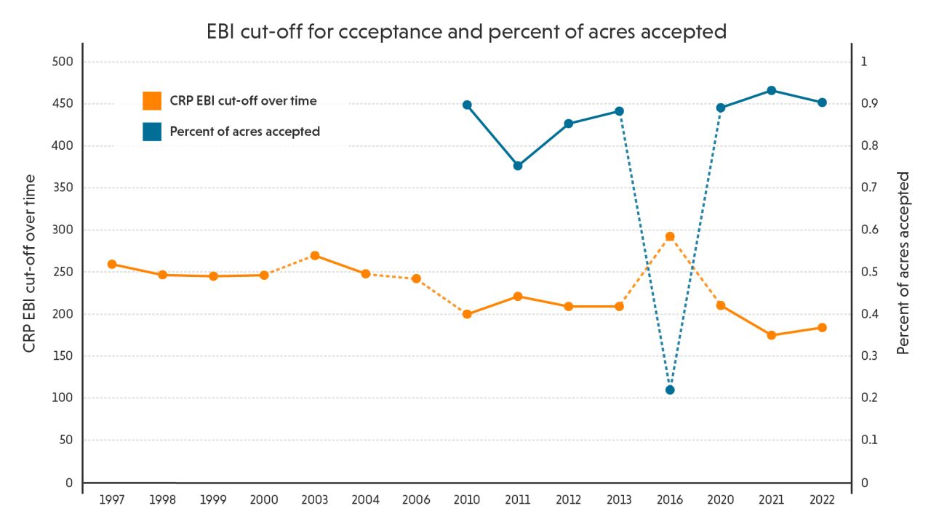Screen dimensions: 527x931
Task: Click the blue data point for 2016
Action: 670,390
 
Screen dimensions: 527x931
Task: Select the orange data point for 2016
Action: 670,236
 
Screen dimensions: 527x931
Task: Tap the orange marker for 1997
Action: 112,264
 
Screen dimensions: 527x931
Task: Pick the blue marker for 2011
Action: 518,166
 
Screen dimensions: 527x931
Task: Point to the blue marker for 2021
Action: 771,90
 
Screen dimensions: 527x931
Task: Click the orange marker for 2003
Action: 315,255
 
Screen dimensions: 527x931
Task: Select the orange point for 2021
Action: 771,335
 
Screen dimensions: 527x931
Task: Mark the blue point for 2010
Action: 467,105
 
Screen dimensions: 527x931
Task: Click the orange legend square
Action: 152,101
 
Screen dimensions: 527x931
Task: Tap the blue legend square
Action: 152,132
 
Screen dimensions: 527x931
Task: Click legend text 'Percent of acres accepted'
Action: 244,132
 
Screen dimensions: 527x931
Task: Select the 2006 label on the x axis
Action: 416,500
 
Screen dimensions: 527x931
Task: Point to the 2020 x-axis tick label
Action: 720,500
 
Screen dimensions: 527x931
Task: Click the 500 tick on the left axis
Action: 64,62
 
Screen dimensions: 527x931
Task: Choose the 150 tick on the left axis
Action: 64,356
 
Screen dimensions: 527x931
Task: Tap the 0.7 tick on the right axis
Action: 870,188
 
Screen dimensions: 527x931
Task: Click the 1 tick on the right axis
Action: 864,62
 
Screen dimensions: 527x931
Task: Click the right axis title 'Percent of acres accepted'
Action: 903,263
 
